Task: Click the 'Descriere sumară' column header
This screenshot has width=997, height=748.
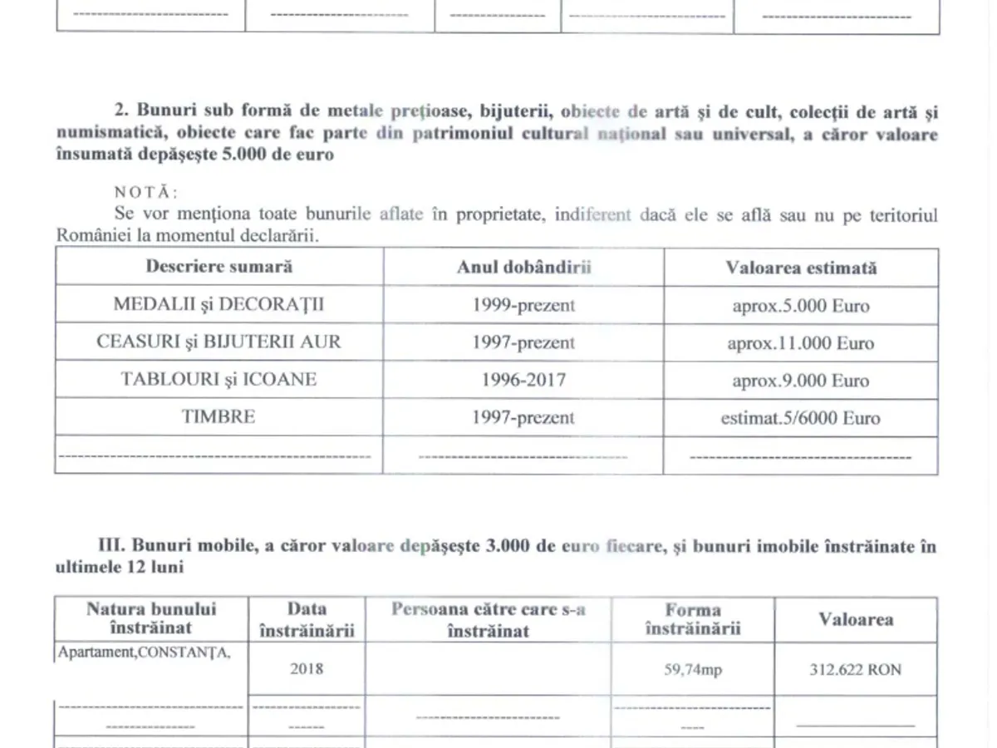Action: [x=219, y=267]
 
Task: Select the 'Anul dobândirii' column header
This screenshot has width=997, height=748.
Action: [x=523, y=267]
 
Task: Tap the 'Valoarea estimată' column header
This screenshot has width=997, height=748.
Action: [x=801, y=268]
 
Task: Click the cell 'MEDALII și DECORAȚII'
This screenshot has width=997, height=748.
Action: [x=219, y=304]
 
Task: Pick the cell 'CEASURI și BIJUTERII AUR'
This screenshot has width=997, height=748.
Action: [x=219, y=342]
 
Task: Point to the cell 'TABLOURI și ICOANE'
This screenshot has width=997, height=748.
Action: [x=219, y=379]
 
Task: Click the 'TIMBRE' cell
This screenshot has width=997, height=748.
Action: [x=219, y=416]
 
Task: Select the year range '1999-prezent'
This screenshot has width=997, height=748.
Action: [x=523, y=305]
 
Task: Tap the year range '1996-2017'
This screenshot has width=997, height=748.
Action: [x=523, y=380]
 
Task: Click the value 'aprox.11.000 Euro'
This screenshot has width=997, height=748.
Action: [x=801, y=342]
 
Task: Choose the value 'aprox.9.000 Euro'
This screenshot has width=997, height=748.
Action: [x=801, y=380]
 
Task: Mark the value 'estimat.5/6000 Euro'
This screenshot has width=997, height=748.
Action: [x=801, y=417]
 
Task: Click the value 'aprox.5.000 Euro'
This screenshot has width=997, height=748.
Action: [x=801, y=305]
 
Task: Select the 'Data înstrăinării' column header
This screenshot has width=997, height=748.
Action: [x=307, y=620]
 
